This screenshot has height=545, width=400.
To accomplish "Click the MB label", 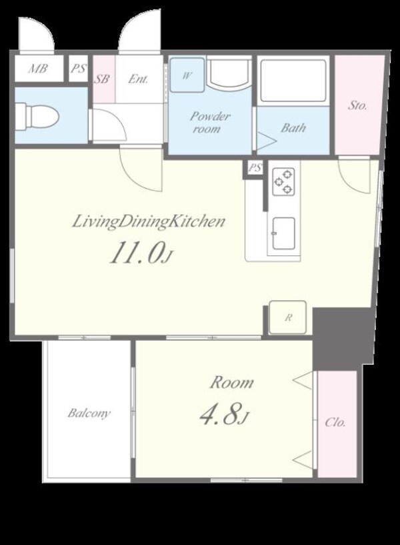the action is [x=37, y=69].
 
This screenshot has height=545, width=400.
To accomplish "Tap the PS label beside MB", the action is [x=78, y=68].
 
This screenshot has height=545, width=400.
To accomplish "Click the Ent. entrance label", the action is [x=138, y=79].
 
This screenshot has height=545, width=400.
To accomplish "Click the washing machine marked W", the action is [x=187, y=75].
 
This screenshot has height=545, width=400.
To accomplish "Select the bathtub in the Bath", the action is [x=293, y=81].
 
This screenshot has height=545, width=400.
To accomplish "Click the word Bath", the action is [x=293, y=127].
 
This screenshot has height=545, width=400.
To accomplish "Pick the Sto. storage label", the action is [x=357, y=105].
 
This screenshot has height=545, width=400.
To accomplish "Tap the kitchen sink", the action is [x=284, y=233].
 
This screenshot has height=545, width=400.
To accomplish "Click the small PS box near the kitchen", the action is [x=255, y=168].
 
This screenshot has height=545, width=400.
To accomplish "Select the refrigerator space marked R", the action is [x=288, y=318].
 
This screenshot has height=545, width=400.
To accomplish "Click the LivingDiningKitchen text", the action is [x=149, y=221].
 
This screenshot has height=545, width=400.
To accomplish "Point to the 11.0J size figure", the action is [x=141, y=253].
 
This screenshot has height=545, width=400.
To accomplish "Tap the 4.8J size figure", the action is [x=225, y=415].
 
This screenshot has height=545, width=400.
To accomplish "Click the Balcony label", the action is [x=89, y=413].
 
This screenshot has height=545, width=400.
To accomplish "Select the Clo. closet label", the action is [x=335, y=422].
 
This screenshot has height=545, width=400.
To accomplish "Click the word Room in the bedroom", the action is [x=231, y=382].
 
